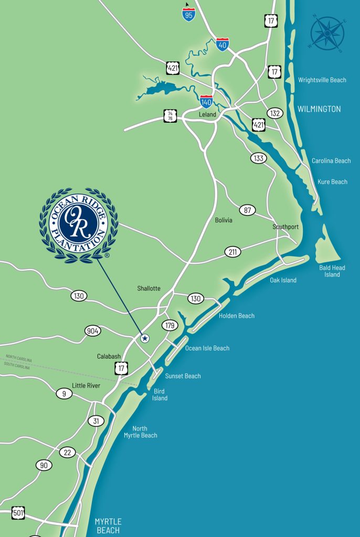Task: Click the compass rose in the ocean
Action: pyautogui.click(x=327, y=33)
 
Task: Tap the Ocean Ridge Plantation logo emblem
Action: pyautogui.click(x=79, y=225)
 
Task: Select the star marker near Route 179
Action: pyautogui.click(x=145, y=338)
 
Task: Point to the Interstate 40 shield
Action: pyautogui.click(x=223, y=44)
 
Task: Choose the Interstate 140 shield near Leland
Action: pyautogui.click(x=207, y=101)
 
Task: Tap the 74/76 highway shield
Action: pyautogui.click(x=170, y=116)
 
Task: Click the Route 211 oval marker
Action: pyautogui.click(x=233, y=252)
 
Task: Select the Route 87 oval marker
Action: pyautogui.click(x=248, y=210)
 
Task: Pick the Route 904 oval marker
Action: pyautogui.click(x=93, y=331)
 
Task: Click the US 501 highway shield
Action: pyautogui.click(x=18, y=512)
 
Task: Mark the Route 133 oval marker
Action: pyautogui.click(x=258, y=158)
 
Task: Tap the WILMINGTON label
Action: pyautogui.click(x=319, y=109)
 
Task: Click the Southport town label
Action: pyautogui.click(x=285, y=227)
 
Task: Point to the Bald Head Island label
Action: pyautogui.click(x=332, y=271)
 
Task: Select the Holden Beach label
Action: pyautogui.click(x=237, y=316)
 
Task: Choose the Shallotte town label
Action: pyautogui.click(x=149, y=288)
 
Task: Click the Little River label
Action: pyautogui.click(x=86, y=385)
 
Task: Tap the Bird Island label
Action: pyautogui.click(x=160, y=394)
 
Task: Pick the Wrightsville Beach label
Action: pyautogui.click(x=322, y=80)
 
